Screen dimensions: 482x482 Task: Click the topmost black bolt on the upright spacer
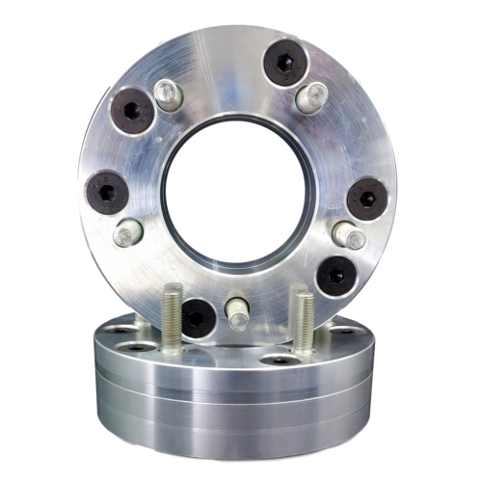(283, 64)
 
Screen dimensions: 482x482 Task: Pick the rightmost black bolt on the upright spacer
(367, 198)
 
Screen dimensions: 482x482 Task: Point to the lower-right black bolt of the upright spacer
(336, 275)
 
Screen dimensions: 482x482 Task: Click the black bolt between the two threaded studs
(199, 316)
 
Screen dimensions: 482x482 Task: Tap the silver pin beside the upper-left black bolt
(166, 94)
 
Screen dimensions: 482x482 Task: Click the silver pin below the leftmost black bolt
(128, 232)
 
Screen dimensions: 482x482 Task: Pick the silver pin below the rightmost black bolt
(349, 236)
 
